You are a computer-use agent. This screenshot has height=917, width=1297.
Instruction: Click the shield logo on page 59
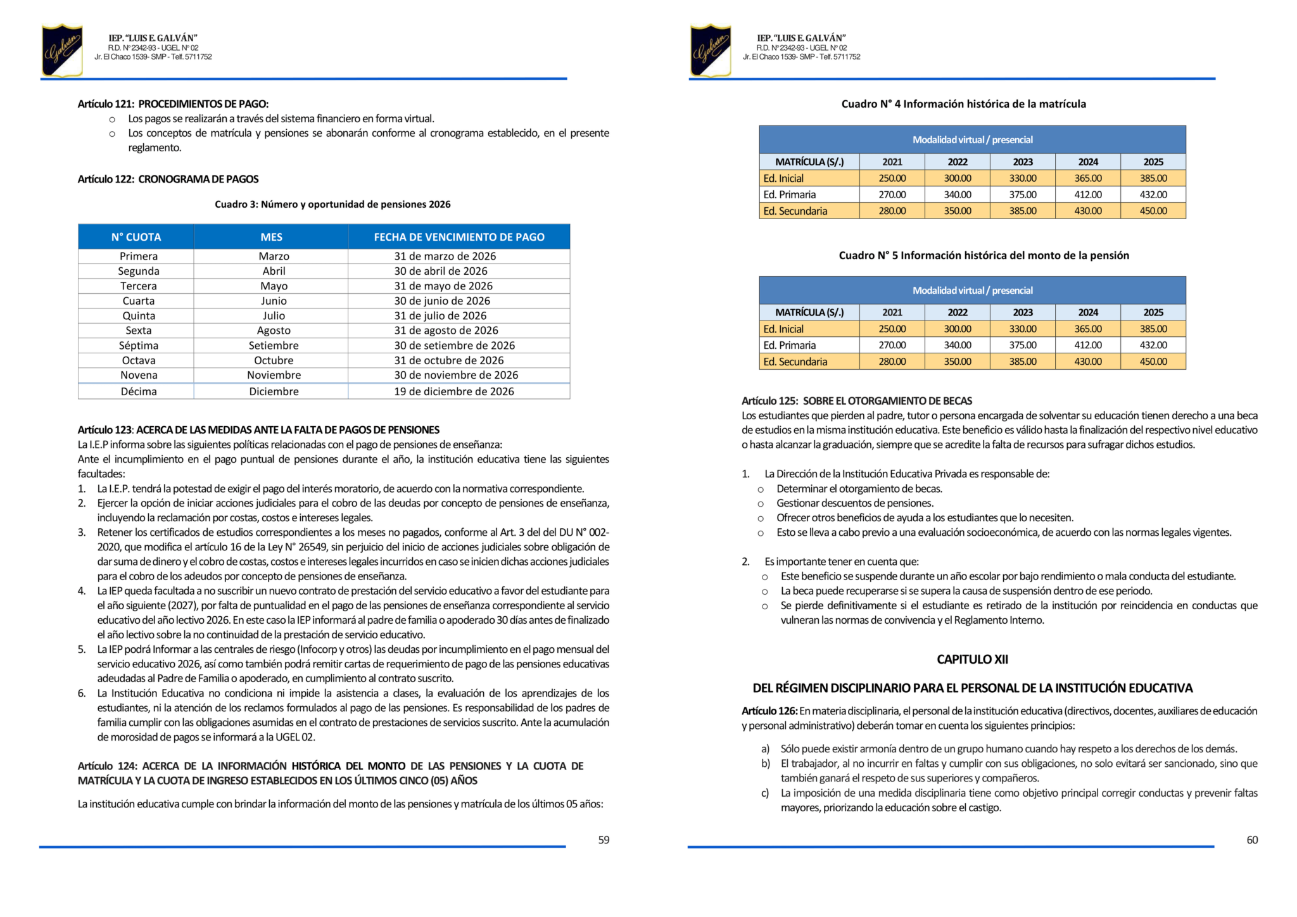click(x=62, y=50)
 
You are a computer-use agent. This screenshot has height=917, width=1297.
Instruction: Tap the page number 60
click(x=1252, y=840)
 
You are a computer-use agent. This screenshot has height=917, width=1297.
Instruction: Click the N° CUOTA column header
click(x=136, y=237)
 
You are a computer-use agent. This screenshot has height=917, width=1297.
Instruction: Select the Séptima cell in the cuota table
click(x=139, y=345)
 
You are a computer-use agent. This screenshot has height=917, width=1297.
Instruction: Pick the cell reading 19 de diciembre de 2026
click(x=454, y=391)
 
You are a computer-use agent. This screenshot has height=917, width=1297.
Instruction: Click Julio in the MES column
click(x=274, y=315)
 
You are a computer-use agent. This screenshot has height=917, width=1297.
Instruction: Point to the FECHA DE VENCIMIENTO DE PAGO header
click(x=459, y=237)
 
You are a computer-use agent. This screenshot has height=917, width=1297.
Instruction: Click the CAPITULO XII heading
click(x=972, y=659)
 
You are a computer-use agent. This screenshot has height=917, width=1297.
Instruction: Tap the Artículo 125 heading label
click(x=769, y=401)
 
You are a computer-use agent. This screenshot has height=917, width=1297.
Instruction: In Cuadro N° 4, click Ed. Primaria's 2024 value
click(x=1088, y=194)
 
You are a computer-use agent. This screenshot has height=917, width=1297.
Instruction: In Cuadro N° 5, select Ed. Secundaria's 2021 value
click(x=892, y=362)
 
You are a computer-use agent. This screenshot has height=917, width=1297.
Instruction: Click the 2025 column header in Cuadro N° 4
click(x=1153, y=161)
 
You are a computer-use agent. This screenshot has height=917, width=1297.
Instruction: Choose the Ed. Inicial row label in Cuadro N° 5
click(x=783, y=329)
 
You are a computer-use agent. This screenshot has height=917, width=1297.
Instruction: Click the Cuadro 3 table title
click(x=332, y=204)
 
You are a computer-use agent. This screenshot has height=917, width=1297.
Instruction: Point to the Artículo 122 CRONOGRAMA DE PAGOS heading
click(x=168, y=179)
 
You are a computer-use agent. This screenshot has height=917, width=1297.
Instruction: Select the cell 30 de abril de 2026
click(x=441, y=271)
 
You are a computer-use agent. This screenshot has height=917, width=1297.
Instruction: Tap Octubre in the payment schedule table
click(x=274, y=360)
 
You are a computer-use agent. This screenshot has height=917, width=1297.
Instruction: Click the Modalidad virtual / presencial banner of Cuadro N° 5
click(x=972, y=290)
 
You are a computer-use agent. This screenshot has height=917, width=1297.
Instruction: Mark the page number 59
click(x=604, y=840)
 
